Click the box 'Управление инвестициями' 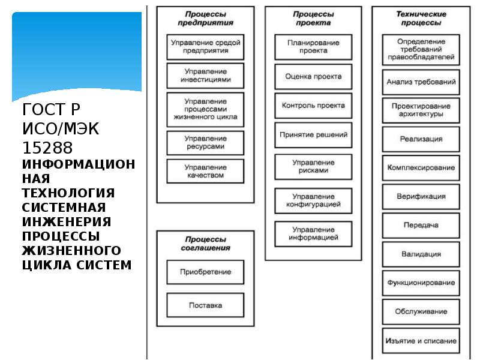coord(205,75)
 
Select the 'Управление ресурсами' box coord(205,142)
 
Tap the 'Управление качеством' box coord(205,171)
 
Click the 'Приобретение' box coord(205,272)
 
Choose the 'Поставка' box coord(205,305)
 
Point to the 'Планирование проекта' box coord(313,47)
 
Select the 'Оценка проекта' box coord(313,76)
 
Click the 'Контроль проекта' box coord(313,105)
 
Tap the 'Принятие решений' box coord(313,135)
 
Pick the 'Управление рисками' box coord(313,166)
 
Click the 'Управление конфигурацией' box coord(313,200)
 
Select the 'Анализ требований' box coord(421,82)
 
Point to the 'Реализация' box coord(421,139)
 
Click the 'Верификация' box coord(421,196)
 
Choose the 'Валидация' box coord(421,254)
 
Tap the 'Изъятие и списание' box coord(421,341)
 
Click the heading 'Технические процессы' coord(419,18)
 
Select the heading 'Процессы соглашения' coord(205,243)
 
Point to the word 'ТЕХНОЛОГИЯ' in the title coord(68,193)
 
